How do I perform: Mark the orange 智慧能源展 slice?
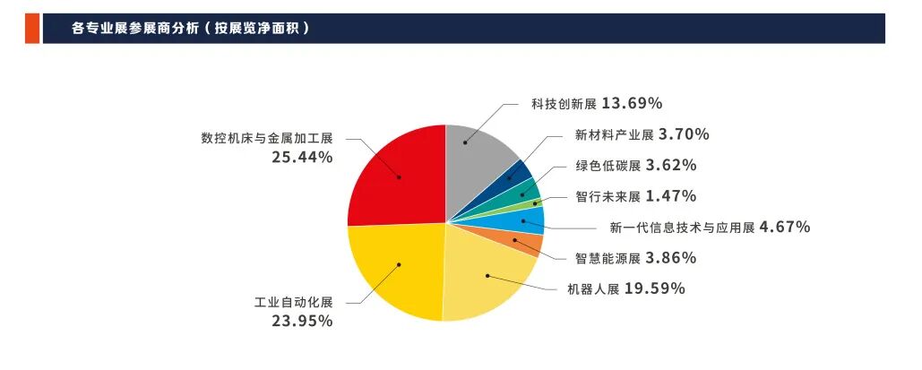529,242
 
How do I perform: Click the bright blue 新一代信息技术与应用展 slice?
529,220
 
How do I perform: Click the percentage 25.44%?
302,157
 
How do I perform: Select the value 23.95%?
302,320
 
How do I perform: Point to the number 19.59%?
655,288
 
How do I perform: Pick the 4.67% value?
784,227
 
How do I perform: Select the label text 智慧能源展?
607,259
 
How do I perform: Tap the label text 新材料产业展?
614,135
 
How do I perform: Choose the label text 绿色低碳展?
607,166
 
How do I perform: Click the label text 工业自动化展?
293,302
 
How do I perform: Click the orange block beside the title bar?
32,28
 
